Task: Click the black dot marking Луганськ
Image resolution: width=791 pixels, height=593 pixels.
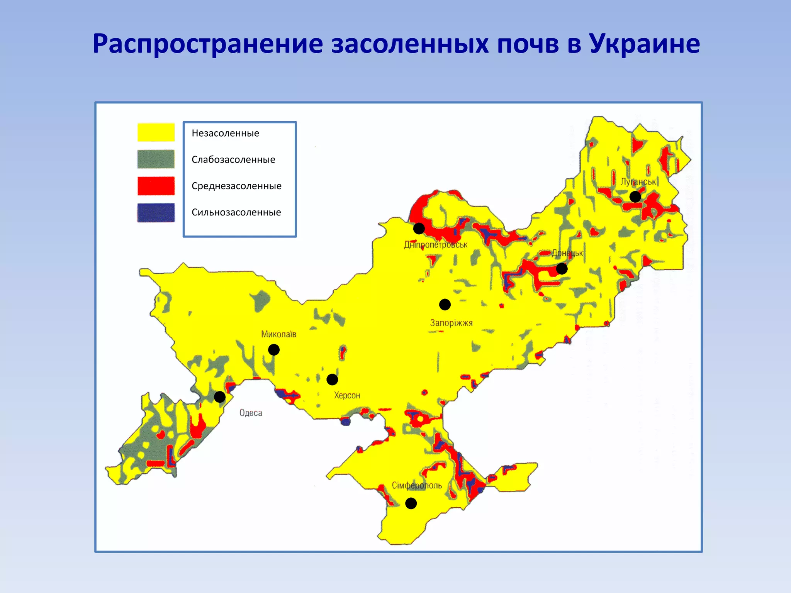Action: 635,197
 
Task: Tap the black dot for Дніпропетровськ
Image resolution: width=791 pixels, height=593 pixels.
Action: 419,229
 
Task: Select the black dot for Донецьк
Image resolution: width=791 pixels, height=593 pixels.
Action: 562,269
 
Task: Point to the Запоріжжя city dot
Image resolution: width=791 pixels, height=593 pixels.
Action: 445,305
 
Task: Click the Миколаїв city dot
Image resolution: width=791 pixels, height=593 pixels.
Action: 274,350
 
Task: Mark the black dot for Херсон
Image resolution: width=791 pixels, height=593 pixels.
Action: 332,380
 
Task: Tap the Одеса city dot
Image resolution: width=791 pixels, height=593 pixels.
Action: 219,397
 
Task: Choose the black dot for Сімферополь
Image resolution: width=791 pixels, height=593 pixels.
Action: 411,503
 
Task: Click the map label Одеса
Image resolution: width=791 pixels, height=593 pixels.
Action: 251,413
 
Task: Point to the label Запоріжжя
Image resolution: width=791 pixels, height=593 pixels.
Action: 451,323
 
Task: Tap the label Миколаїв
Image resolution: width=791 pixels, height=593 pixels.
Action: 278,334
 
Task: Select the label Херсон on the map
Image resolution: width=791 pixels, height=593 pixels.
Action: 347,395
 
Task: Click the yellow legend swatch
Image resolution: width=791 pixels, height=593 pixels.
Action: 156,132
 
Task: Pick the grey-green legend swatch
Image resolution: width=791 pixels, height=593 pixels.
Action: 156,159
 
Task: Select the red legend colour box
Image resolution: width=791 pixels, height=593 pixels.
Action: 156,186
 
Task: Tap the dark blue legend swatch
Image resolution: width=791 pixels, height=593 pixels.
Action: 156,212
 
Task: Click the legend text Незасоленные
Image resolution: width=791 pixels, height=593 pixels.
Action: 225,133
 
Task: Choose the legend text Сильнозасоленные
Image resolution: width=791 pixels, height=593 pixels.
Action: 236,212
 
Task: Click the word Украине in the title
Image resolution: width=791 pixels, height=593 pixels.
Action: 644,44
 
